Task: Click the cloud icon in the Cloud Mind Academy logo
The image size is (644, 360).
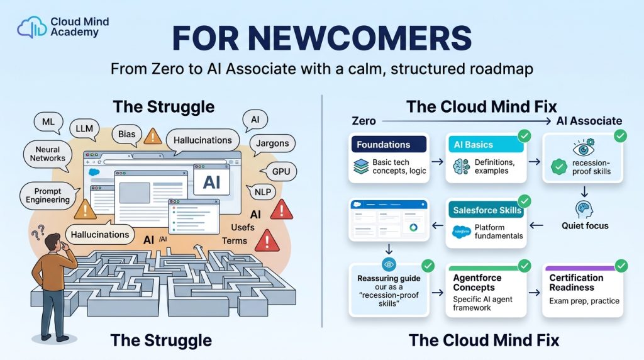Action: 31,27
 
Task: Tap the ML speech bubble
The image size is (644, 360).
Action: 48,123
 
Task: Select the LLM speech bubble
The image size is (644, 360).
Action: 84,129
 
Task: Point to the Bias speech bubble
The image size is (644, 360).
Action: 126,135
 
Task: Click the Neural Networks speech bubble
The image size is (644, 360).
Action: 48,155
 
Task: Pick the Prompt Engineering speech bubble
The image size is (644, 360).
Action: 48,196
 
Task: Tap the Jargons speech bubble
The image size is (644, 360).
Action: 272,144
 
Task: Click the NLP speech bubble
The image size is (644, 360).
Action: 262,192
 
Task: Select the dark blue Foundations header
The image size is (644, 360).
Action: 389,144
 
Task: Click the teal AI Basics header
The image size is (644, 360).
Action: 485,144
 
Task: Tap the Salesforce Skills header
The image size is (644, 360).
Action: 487,210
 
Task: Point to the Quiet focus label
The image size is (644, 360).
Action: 585,225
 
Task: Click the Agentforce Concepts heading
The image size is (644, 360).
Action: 477,283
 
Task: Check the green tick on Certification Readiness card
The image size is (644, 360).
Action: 621,266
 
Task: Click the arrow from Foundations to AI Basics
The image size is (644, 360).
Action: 438,162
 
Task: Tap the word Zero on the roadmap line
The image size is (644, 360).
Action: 364,121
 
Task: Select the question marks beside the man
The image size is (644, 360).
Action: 38,232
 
